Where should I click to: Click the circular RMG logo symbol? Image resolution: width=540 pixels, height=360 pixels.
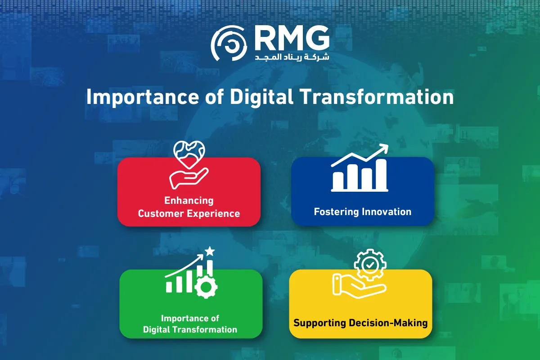coord(229,43)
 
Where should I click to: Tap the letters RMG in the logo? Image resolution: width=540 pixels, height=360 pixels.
coord(292,39)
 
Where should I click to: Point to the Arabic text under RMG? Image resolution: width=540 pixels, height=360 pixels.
coord(292,58)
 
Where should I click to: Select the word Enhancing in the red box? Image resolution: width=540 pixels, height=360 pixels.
coord(189,200)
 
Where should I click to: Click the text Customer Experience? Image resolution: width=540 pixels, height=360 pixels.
coord(189,213)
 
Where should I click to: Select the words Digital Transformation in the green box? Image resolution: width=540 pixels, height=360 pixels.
coord(190,329)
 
